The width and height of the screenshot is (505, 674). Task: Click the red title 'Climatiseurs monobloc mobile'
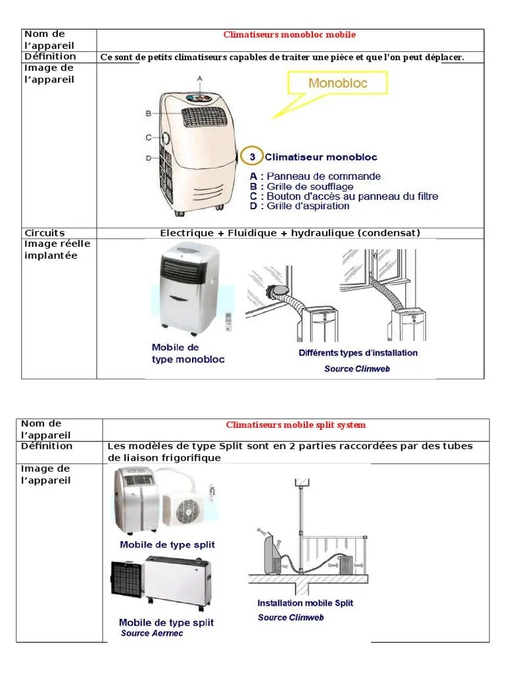(289, 34)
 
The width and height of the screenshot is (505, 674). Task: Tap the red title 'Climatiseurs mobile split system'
(296, 425)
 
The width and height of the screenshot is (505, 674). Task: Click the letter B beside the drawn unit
(149, 113)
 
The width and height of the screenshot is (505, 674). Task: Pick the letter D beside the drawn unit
(149, 157)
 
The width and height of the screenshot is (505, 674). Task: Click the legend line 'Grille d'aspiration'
(308, 206)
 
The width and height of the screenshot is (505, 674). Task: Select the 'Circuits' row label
(44, 233)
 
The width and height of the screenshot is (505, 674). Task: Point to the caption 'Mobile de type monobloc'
(187, 353)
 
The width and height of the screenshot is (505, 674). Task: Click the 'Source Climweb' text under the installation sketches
(357, 369)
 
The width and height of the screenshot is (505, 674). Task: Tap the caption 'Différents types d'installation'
(358, 353)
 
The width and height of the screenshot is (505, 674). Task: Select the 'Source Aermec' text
(152, 633)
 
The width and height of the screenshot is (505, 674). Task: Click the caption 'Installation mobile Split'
(305, 603)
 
